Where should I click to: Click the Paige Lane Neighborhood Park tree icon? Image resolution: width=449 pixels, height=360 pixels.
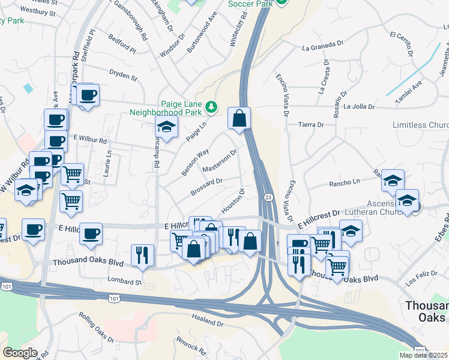click(x=211, y=107)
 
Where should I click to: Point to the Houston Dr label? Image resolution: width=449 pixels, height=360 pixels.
click(x=234, y=200)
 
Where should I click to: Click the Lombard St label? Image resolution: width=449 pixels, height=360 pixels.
click(x=124, y=281)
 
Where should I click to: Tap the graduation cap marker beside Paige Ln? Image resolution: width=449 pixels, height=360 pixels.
click(x=166, y=127)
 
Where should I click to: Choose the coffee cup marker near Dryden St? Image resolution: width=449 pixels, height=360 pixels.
click(x=88, y=95)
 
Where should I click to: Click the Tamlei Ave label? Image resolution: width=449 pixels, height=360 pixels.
click(x=408, y=90)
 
